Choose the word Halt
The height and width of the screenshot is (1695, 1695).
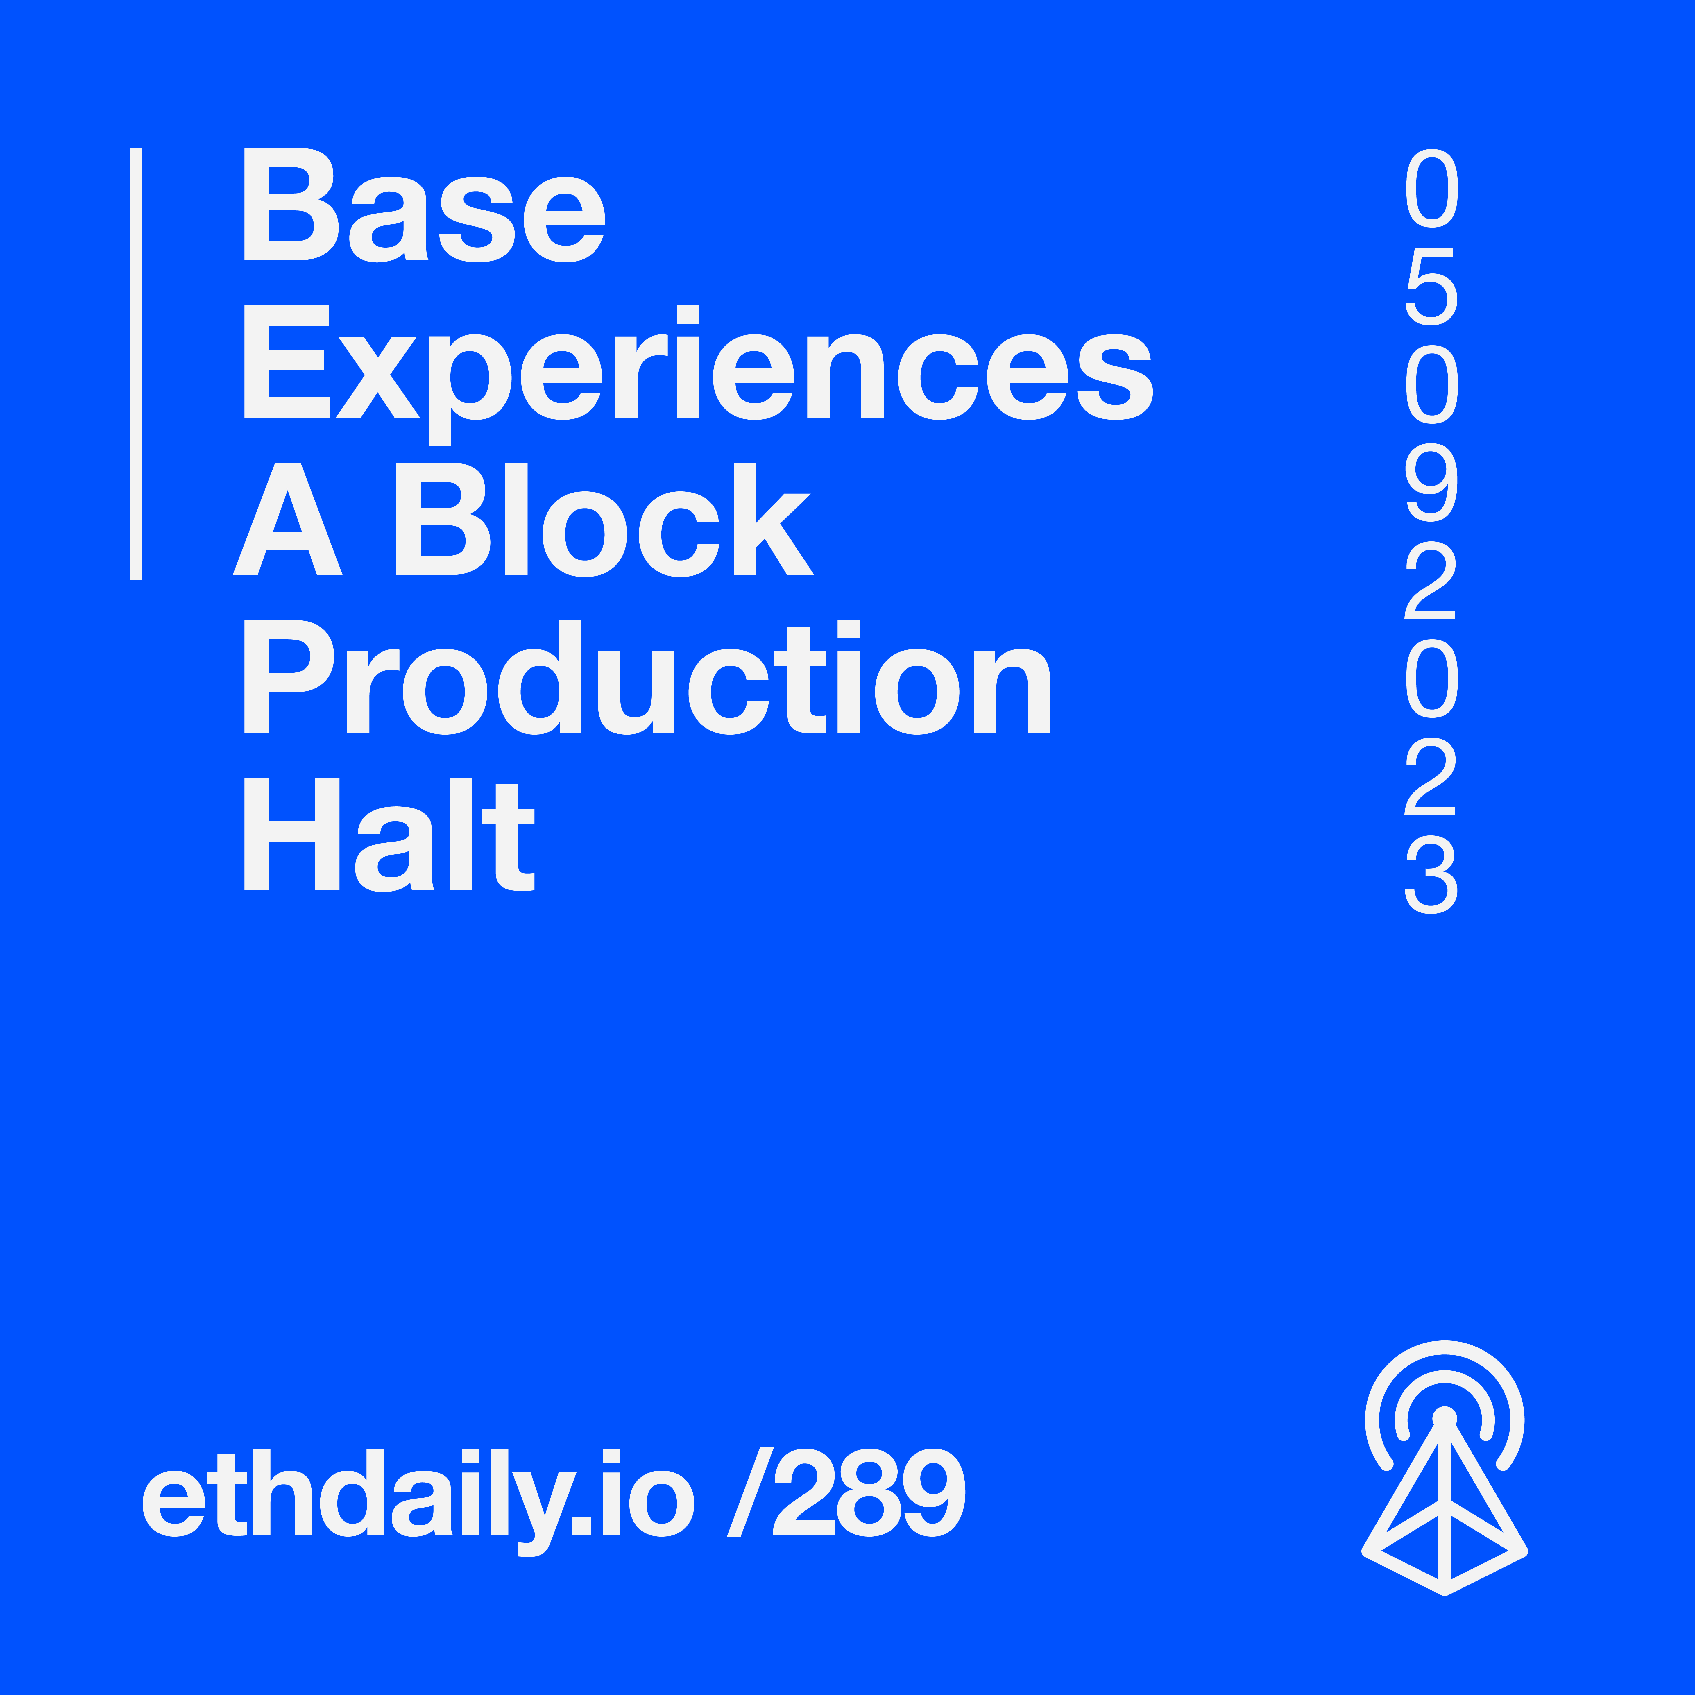click(x=389, y=834)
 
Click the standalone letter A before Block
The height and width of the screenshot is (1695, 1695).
click(x=288, y=519)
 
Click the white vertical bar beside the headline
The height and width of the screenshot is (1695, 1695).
click(x=136, y=364)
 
